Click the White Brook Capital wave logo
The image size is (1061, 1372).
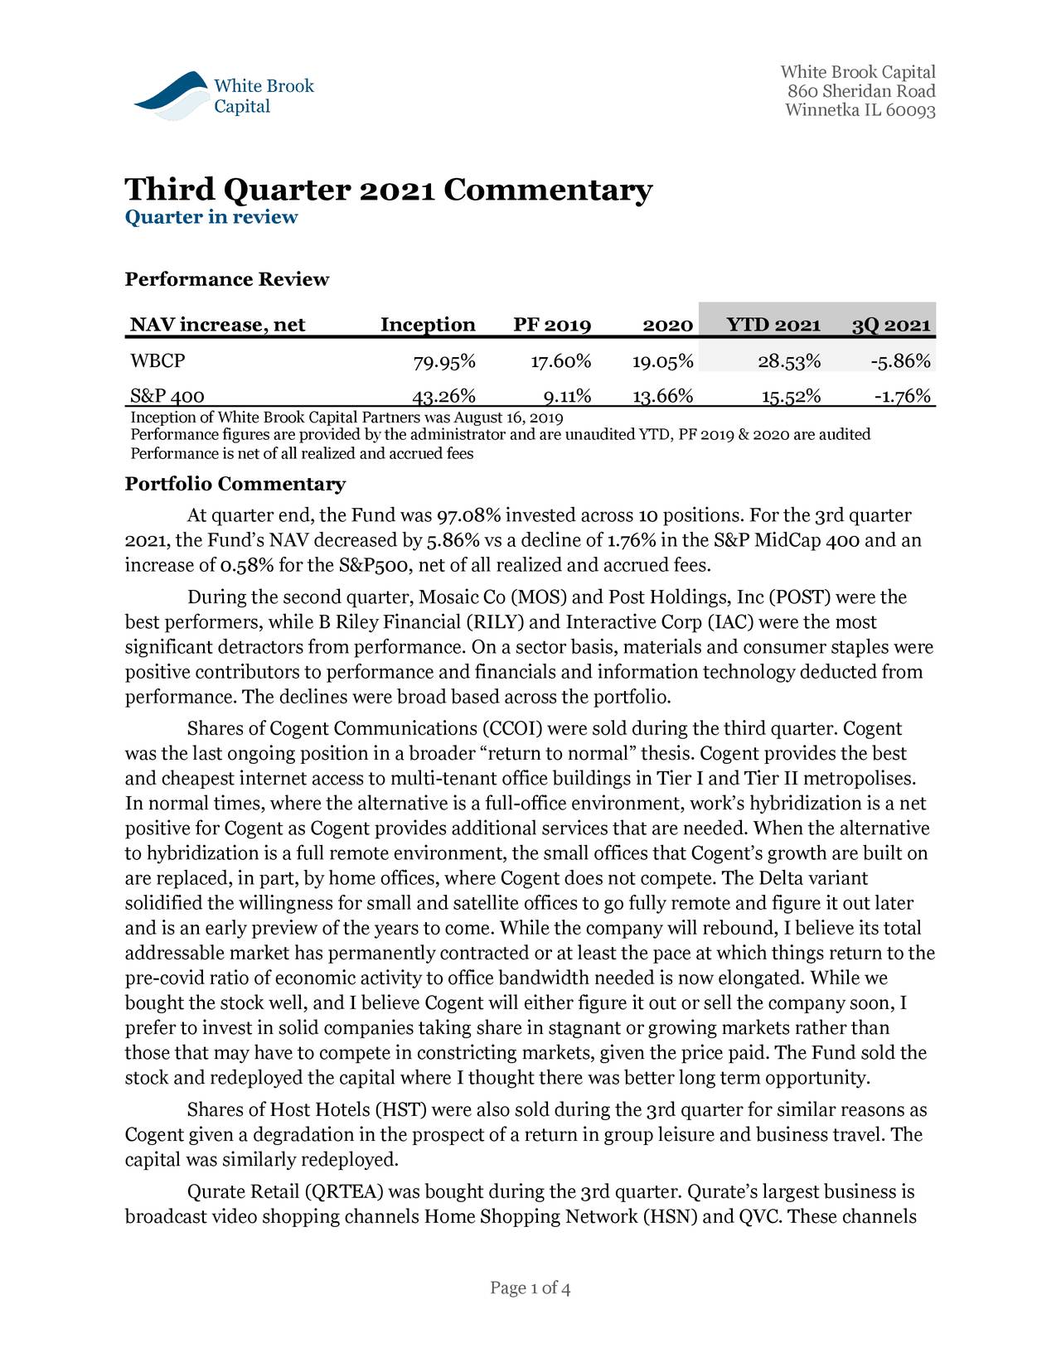click(171, 95)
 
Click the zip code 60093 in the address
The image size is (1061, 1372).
click(910, 111)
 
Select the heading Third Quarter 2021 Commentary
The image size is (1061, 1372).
click(388, 190)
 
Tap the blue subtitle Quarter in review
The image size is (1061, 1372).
click(211, 217)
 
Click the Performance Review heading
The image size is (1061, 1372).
click(226, 279)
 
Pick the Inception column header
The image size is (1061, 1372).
click(428, 325)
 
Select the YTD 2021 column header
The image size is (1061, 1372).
click(773, 325)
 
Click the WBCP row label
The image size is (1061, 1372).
click(157, 361)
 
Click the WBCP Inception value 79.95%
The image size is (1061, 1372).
click(444, 362)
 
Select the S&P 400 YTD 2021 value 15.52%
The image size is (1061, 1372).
click(791, 396)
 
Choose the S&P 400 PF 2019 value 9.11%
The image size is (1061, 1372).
click(561, 396)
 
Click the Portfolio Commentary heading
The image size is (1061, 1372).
click(235, 484)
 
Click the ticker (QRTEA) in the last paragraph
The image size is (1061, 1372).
click(344, 1192)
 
